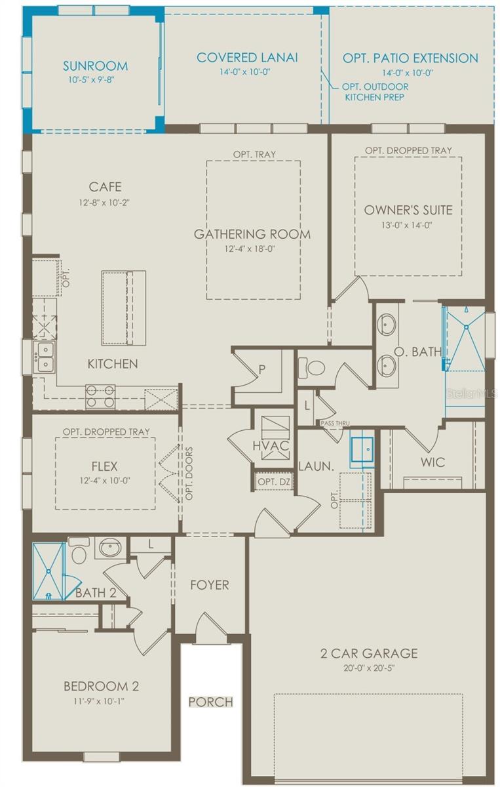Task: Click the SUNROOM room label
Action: (95, 66)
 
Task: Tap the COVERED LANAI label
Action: (247, 58)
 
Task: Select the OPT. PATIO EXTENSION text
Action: (410, 58)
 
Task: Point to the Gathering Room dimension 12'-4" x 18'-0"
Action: (252, 249)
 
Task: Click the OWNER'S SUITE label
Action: (408, 210)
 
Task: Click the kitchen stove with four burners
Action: (100, 396)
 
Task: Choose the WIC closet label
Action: (433, 462)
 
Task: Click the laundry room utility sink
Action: (361, 450)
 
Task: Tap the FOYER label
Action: (210, 584)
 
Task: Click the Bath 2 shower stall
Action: (49, 570)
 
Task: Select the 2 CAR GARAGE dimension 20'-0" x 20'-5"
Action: (368, 668)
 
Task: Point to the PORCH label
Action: (210, 702)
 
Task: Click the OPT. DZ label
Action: (274, 482)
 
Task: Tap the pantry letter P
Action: (262, 369)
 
